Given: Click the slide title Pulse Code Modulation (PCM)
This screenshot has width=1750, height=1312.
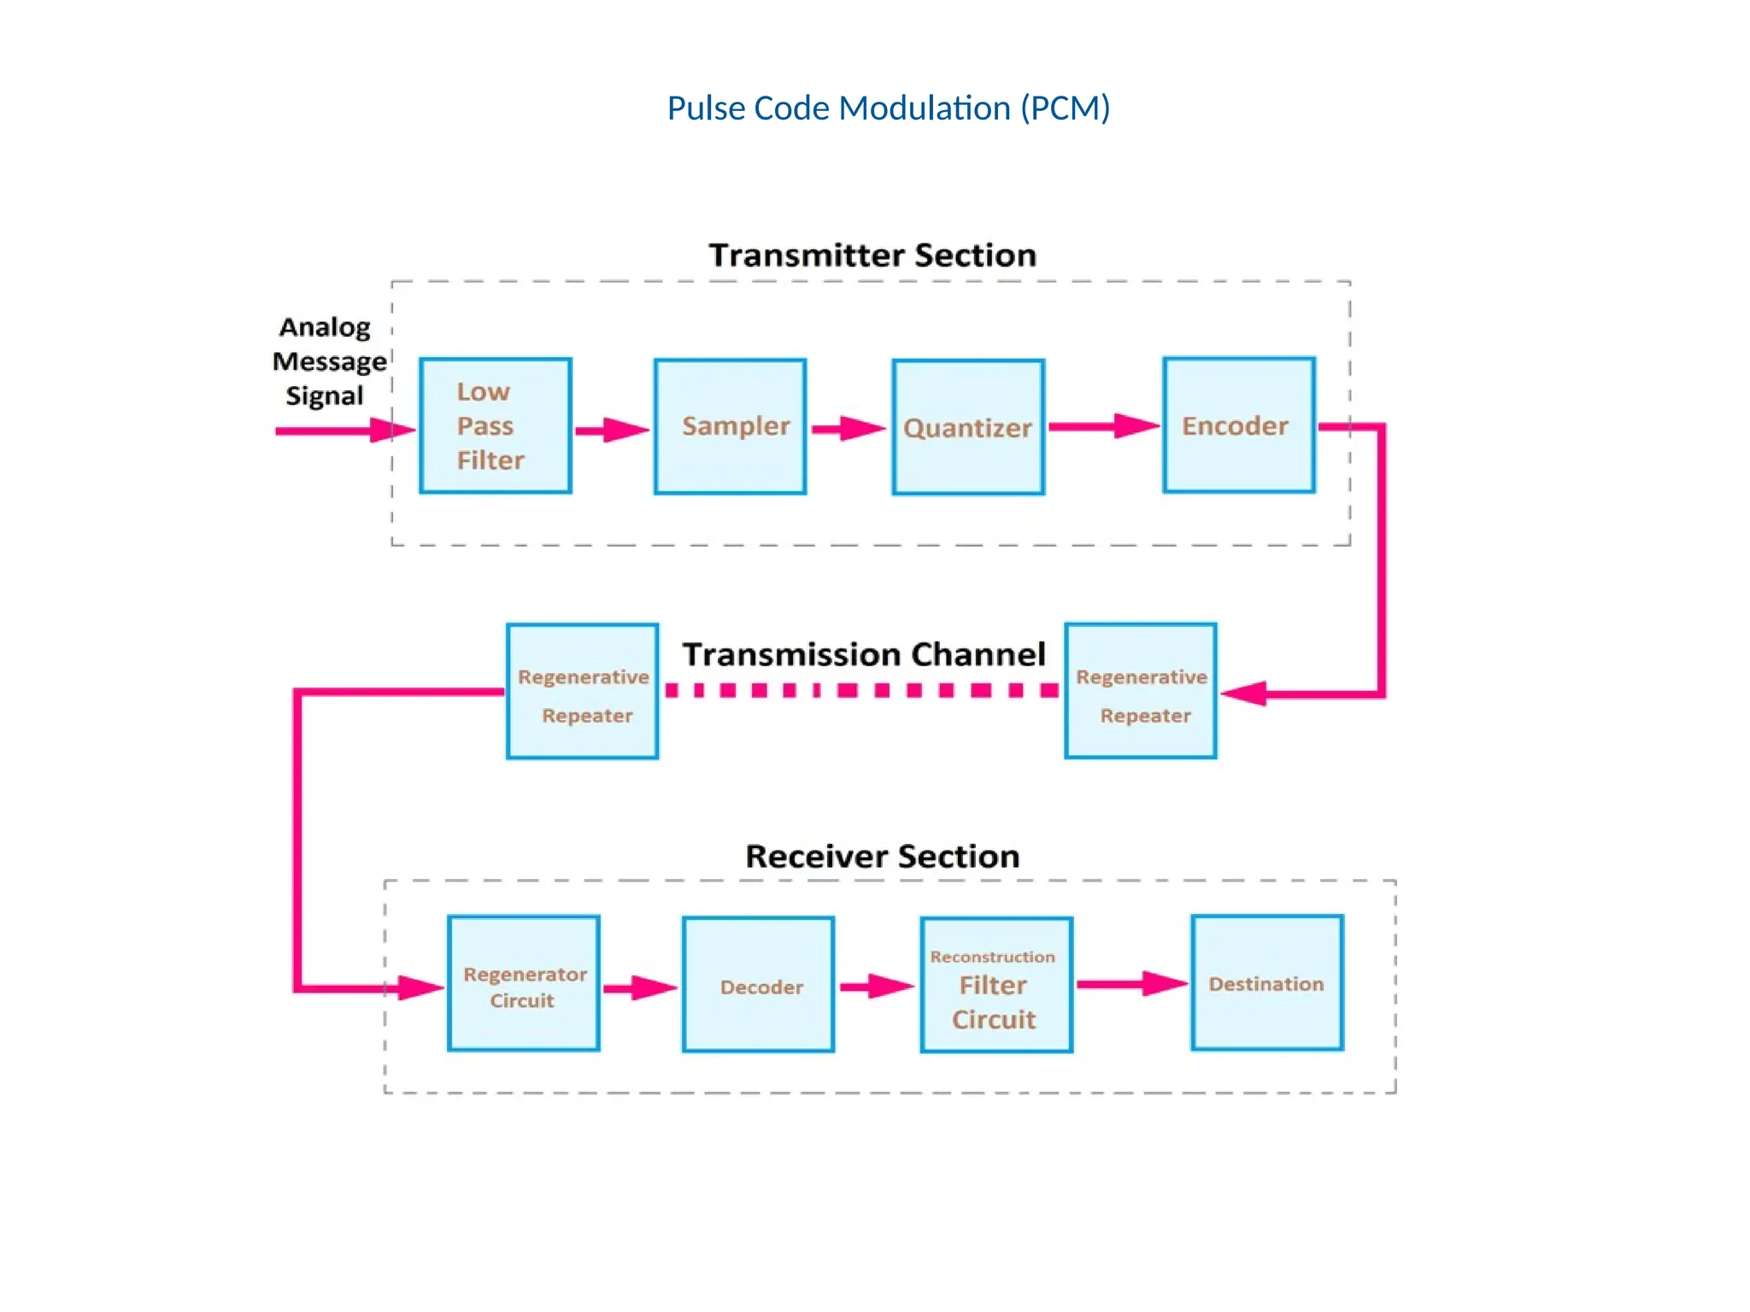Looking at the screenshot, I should pos(888,108).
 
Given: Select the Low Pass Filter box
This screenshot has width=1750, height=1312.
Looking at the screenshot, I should pos(496,425).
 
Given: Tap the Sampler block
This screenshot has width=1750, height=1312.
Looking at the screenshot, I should pos(731,426).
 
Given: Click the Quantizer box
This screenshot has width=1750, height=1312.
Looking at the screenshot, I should pos(968,427).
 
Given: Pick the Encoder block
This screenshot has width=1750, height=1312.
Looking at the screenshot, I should pos(1238,425).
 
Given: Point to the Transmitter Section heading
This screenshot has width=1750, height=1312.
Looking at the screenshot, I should pos(872,255).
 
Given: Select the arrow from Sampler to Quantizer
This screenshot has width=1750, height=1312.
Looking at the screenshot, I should pos(848,429).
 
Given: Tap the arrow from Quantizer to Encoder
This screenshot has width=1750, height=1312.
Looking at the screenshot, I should pos(1102,426).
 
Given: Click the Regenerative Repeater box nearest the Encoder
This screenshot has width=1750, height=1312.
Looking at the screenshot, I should pos(1141,691).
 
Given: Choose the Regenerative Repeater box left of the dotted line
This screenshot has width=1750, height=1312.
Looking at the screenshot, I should pos(583,691).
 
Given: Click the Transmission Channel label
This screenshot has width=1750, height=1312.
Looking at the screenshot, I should pos(863,654).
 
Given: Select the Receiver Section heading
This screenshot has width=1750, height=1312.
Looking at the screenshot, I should pos(882,856).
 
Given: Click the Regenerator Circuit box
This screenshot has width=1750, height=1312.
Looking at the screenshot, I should pos(524,983).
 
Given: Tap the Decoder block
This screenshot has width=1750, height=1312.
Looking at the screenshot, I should pos(759,985).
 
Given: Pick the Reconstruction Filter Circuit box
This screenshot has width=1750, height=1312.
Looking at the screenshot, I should pos(996,985).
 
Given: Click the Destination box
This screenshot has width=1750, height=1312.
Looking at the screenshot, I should pos(1267,983).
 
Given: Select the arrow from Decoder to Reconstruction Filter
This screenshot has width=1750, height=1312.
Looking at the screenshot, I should pos(876,987).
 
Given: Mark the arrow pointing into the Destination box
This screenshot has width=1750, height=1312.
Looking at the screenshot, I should pos(1130,984).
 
